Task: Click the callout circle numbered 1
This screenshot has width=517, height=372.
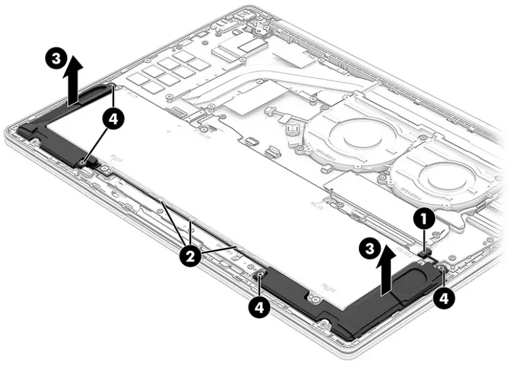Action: [425, 216]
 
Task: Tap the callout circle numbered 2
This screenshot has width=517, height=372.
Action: [190, 256]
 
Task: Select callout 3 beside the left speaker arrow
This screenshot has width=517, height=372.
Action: [56, 59]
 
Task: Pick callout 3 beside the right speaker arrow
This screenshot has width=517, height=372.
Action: [366, 248]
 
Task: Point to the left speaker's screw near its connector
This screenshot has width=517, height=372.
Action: [82, 162]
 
